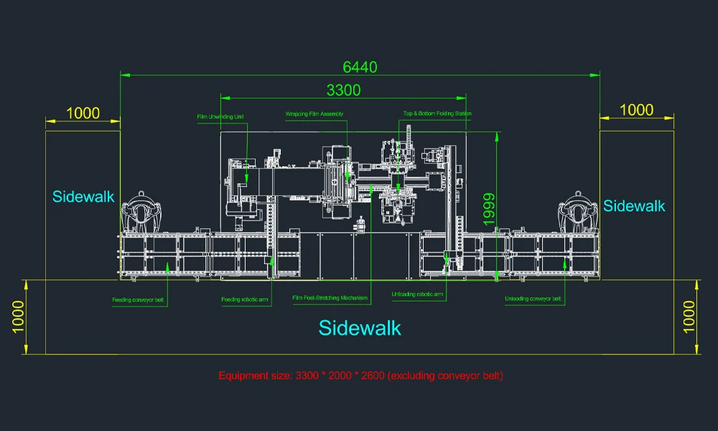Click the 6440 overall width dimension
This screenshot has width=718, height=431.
[360, 68]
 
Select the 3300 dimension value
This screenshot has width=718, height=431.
[343, 91]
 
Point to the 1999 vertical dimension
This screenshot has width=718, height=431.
[489, 209]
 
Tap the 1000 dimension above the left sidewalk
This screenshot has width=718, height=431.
[83, 113]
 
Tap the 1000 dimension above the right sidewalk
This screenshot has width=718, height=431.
[636, 110]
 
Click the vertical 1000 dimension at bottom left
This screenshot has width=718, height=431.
[18, 317]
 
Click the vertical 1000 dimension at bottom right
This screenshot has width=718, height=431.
[689, 317]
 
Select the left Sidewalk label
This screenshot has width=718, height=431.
[83, 197]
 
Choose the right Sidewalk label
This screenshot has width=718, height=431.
[634, 206]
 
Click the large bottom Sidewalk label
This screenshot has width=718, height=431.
[360, 328]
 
